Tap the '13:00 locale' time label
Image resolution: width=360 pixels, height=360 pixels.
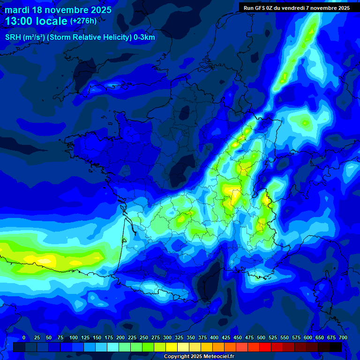coord(36,22)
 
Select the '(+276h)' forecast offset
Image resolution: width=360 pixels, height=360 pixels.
coord(83,21)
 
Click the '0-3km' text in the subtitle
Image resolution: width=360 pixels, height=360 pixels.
coord(144,37)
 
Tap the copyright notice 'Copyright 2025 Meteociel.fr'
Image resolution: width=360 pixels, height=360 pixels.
coord(199,357)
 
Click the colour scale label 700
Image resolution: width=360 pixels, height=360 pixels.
coord(343,337)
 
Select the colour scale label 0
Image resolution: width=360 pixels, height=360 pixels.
coord(24,337)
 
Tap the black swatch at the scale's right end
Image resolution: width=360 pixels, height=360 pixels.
coord(336,347)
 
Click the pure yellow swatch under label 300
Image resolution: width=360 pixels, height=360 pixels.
coord(172,347)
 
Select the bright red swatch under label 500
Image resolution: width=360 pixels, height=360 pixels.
coord(265,347)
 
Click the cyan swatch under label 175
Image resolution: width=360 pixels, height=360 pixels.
coord(113,347)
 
